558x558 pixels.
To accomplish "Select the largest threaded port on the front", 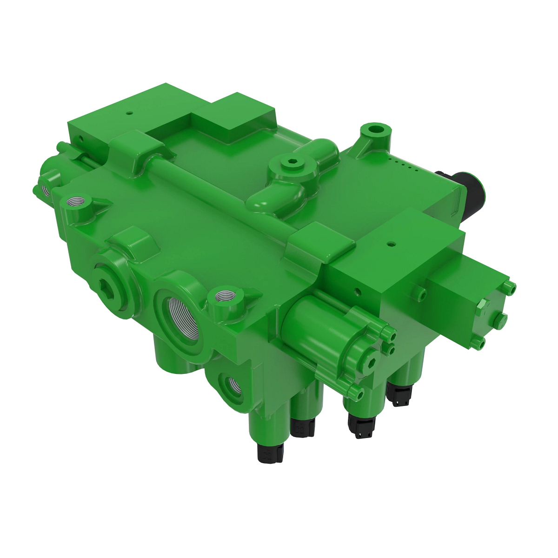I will (x=181, y=316).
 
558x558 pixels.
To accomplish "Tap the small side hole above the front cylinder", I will (x=358, y=292).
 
